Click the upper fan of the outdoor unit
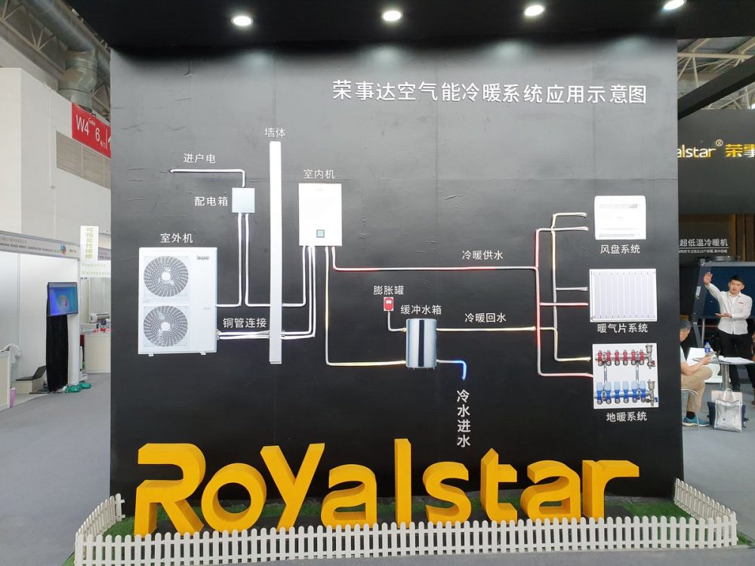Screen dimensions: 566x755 (x=166, y=275)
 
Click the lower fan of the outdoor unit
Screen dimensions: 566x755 (x=166, y=325)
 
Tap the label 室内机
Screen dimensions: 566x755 (x=319, y=174)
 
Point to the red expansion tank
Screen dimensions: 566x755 (x=388, y=304)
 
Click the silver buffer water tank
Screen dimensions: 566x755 (x=421, y=343)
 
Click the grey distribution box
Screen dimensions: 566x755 (x=242, y=200)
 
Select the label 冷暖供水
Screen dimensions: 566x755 (x=482, y=255)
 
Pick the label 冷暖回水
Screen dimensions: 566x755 (x=485, y=318)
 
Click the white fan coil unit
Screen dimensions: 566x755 (x=620, y=217)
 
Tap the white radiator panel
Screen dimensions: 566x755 (x=622, y=294)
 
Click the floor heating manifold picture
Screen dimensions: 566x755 (x=624, y=374)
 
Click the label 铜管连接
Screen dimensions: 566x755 (x=244, y=322)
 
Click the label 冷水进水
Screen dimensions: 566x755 (x=463, y=418)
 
